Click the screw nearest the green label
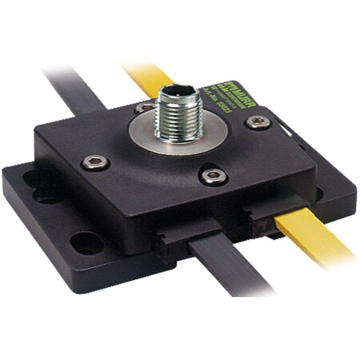pyautogui.click(x=258, y=122)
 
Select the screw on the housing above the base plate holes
pyautogui.click(x=94, y=162)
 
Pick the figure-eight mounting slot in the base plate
pyautogui.click(x=38, y=186)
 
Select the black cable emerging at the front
pyautogui.click(x=228, y=268)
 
